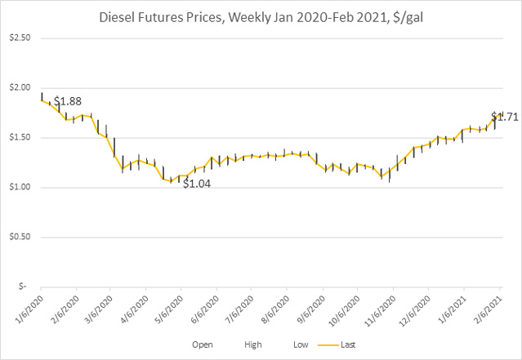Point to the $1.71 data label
point(505,117)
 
